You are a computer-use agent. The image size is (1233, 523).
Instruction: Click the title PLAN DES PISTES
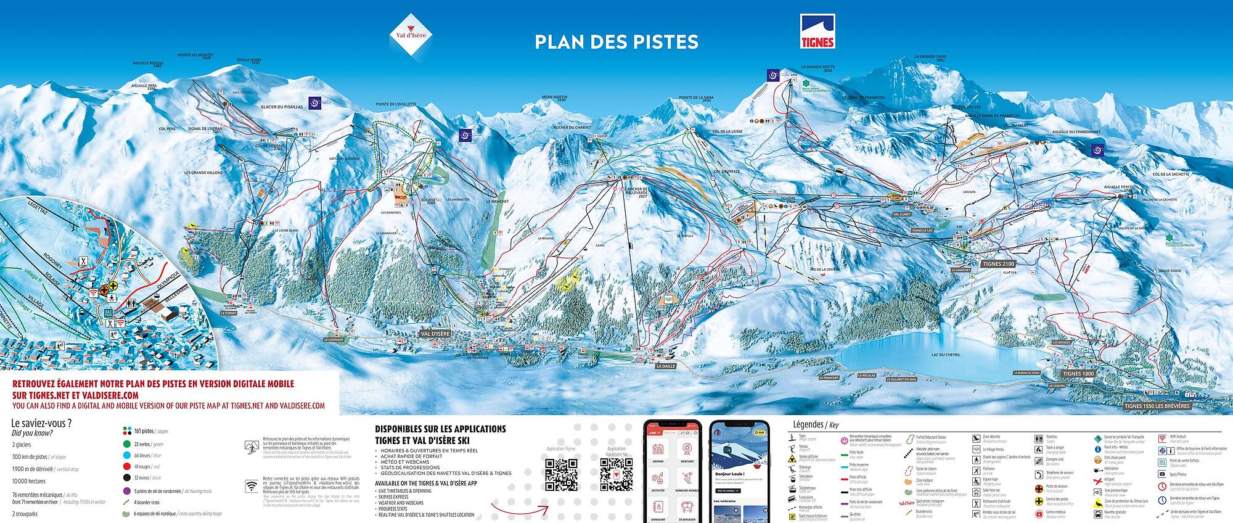[616, 41]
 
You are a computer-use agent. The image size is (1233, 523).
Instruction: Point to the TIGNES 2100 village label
[998, 264]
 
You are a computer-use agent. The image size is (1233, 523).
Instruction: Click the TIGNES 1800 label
[1078, 374]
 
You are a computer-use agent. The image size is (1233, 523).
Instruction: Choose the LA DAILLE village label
[666, 366]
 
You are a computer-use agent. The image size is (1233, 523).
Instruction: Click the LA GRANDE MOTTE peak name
[817, 67]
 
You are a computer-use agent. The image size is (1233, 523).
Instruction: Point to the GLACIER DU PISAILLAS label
[282, 107]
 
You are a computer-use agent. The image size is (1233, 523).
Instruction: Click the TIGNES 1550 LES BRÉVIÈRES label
[1156, 406]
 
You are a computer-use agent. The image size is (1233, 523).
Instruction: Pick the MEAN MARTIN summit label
[554, 97]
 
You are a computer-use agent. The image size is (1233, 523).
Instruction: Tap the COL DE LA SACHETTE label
[1171, 175]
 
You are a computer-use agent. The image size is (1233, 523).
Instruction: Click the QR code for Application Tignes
[561, 474]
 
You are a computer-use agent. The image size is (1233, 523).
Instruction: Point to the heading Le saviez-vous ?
[41, 423]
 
